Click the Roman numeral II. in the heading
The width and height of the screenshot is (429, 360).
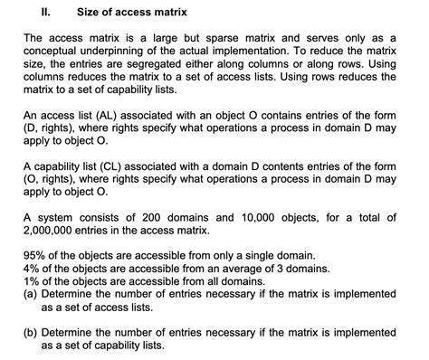[48, 13]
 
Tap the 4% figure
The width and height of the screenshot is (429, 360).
[32, 268]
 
